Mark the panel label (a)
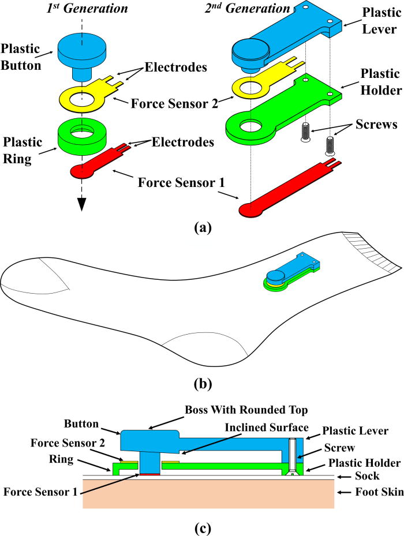(x=201, y=227)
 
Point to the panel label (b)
(x=201, y=383)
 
